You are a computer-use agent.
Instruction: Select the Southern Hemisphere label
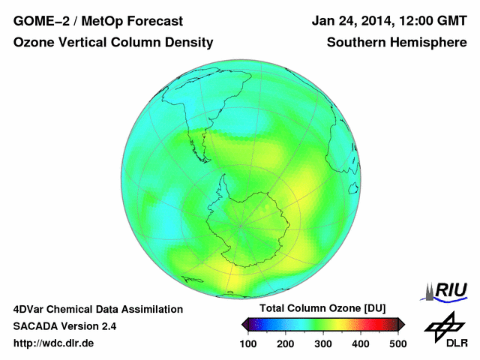397,43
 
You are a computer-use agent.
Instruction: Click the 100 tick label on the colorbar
248,343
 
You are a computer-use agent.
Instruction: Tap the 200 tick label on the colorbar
286,343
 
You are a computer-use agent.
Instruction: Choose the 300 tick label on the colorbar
323,343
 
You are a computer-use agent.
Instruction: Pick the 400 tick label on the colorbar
360,343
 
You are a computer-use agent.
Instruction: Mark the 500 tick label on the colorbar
397,343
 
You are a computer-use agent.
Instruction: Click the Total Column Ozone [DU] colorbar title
322,309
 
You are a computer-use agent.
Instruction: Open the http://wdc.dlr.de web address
54,343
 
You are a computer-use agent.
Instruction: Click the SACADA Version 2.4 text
64,326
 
